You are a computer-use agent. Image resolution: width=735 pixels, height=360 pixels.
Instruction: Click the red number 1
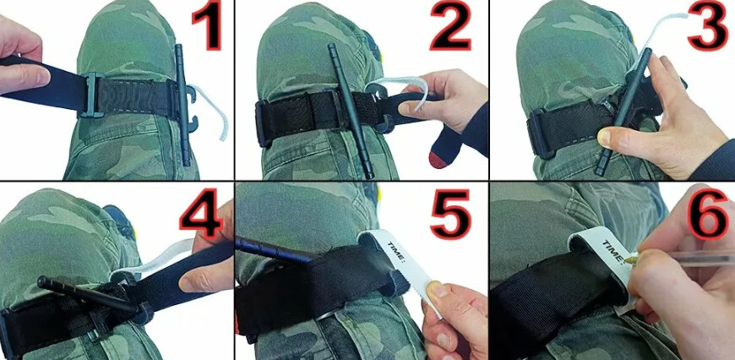(206, 26)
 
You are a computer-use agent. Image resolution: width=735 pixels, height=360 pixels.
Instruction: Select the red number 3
(708, 25)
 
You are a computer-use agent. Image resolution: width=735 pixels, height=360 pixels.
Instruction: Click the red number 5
(450, 214)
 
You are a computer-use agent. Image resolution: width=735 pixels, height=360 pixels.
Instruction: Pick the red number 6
(708, 213)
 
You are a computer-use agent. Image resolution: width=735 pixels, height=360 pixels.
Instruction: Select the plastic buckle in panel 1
(92, 95)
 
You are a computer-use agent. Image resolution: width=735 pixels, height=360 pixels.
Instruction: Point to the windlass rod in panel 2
(350, 111)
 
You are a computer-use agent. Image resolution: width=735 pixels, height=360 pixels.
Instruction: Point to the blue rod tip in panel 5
(244, 243)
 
